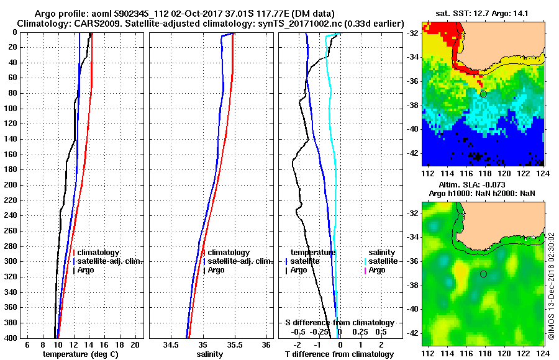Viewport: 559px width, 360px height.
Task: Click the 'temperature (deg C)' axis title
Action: pos(80,354)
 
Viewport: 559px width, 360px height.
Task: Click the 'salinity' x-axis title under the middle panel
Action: pos(209,354)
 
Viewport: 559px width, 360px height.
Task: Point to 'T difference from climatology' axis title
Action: pos(339,354)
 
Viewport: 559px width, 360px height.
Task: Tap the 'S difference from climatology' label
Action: pos(339,323)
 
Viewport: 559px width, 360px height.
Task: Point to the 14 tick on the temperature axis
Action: pos(89,344)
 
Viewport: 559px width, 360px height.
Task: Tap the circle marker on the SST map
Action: pos(483,94)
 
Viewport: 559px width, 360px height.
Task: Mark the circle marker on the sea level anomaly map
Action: pos(483,274)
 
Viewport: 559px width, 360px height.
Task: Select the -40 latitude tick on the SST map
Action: pos(413,130)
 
